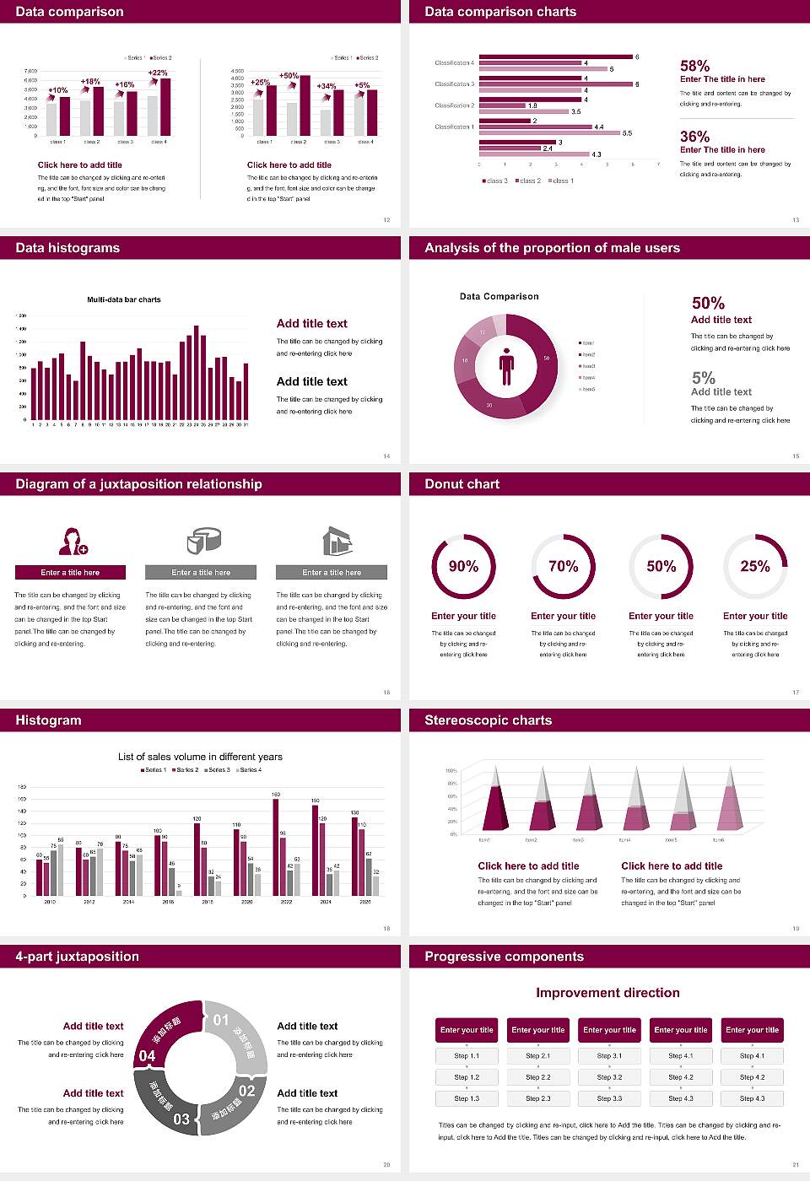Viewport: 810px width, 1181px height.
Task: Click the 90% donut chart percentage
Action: click(463, 566)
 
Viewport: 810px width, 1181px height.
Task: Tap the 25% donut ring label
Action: click(754, 566)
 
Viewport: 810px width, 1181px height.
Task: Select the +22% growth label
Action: click(158, 73)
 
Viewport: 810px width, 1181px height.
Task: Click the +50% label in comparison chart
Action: click(289, 76)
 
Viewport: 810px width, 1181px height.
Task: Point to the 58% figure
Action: click(694, 66)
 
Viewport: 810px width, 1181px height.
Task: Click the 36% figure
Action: click(694, 137)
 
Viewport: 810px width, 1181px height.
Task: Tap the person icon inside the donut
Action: click(506, 366)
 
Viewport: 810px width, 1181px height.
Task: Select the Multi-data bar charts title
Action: click(124, 299)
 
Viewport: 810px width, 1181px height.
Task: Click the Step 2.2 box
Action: click(538, 1077)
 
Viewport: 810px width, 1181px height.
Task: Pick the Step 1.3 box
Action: click(467, 1098)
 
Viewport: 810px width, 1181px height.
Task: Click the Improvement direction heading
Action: click(607, 993)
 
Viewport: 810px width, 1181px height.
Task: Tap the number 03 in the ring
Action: click(181, 1119)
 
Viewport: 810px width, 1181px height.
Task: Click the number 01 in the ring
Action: click(221, 1020)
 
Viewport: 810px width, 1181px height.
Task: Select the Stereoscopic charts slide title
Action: click(488, 720)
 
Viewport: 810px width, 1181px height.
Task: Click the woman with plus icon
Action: click(73, 541)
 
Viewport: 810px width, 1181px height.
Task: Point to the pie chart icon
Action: click(202, 541)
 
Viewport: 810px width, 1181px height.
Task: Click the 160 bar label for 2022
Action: click(276, 795)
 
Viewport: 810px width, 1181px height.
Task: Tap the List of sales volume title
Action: click(200, 757)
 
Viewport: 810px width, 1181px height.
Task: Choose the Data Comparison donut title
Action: click(499, 296)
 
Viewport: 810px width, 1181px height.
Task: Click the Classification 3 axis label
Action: click(454, 84)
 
